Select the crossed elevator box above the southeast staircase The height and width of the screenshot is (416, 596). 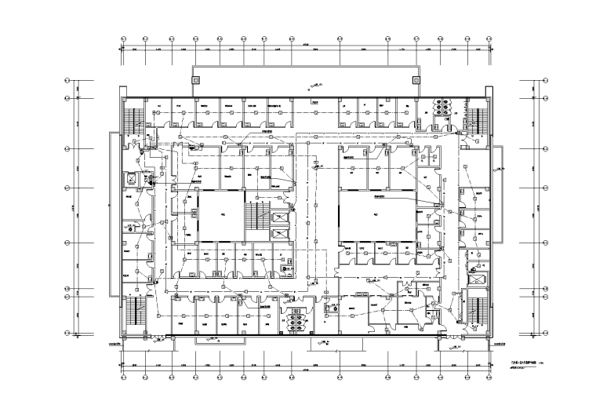475,278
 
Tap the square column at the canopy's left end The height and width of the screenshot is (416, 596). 196,79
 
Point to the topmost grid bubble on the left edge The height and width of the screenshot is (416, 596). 68,80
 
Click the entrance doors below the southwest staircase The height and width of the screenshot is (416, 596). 158,338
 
